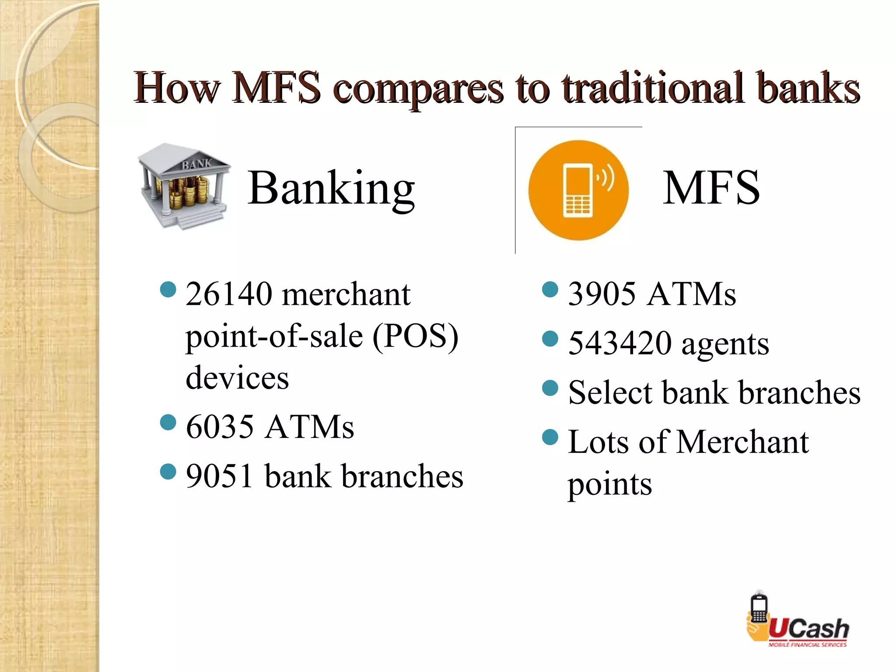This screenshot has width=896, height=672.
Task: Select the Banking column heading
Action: tap(331, 188)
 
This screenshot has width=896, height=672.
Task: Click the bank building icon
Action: tap(184, 186)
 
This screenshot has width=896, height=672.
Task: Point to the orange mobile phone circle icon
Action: tap(578, 190)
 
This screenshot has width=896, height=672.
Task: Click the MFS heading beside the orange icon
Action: tap(711, 188)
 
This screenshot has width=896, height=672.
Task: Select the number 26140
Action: tap(229, 294)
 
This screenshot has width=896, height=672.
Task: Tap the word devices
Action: tap(237, 378)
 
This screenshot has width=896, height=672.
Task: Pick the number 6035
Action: tap(220, 427)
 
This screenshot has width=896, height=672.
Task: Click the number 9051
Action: tap(220, 476)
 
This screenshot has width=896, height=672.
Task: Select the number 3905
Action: tap(602, 294)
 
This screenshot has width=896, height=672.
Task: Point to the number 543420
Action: tap(619, 343)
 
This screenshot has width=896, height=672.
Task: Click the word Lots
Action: tap(598, 442)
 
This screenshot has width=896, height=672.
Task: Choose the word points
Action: tap(609, 485)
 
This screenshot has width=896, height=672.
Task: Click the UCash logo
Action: tap(797, 620)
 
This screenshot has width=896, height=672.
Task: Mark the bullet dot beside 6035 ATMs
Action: tap(168, 423)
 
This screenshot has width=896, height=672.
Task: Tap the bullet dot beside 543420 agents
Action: tap(550, 339)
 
